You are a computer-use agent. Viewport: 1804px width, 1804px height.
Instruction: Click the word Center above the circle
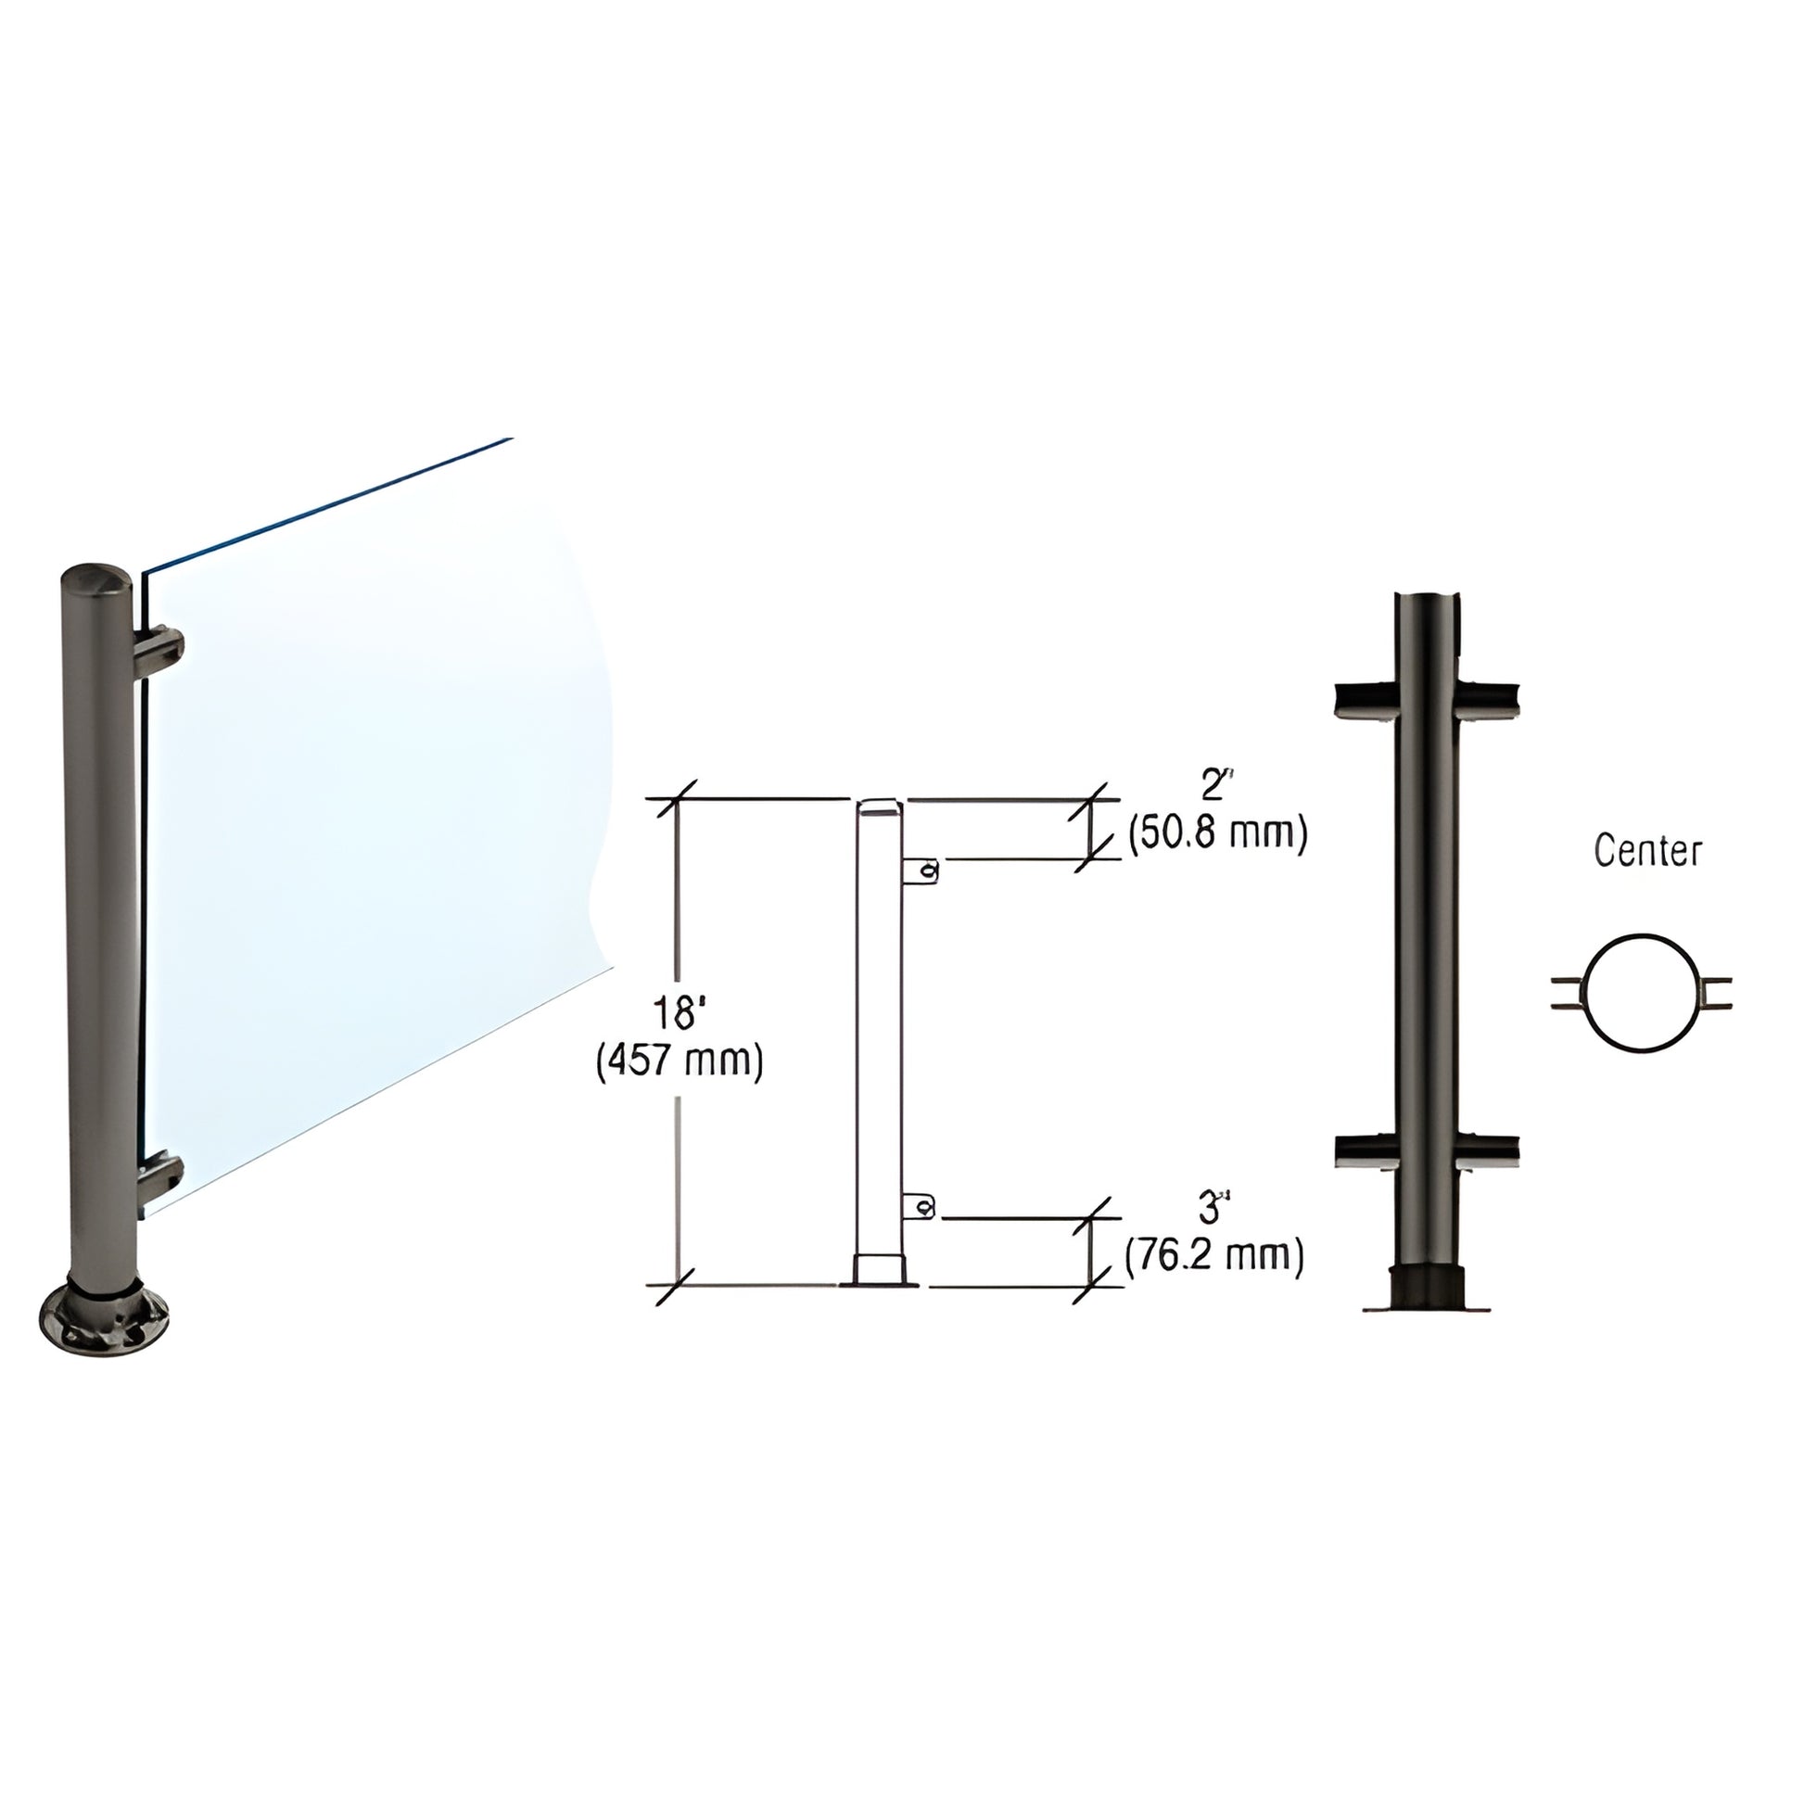pyautogui.click(x=1647, y=851)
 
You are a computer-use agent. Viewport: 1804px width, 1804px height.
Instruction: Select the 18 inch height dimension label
pyautogui.click(x=679, y=1012)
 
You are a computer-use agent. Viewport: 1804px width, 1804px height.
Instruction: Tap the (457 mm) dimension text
pyautogui.click(x=680, y=1061)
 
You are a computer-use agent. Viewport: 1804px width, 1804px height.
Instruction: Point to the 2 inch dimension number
pyautogui.click(x=1212, y=787)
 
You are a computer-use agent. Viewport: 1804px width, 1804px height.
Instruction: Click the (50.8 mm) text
pyautogui.click(x=1217, y=832)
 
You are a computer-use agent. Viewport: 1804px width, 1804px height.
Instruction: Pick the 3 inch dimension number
pyautogui.click(x=1210, y=1209)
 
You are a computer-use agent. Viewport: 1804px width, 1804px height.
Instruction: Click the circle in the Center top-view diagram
pyautogui.click(x=1641, y=994)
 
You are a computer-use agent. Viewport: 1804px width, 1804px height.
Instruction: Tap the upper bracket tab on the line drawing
pyautogui.click(x=921, y=871)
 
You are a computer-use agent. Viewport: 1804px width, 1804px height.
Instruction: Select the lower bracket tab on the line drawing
pyautogui.click(x=919, y=1207)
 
